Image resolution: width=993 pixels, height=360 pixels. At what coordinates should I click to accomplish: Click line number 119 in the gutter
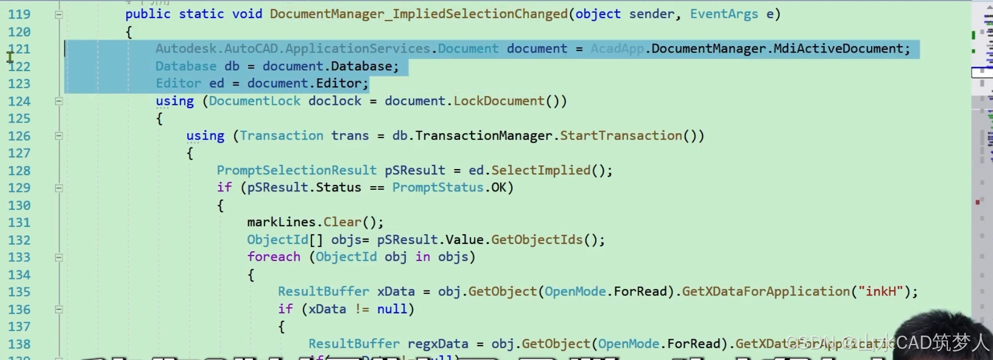pos(19,14)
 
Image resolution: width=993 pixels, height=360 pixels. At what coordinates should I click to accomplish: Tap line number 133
pos(19,257)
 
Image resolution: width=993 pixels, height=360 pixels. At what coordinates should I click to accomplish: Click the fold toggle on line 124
pos(59,101)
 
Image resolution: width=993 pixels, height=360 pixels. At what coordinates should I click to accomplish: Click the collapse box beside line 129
pos(59,188)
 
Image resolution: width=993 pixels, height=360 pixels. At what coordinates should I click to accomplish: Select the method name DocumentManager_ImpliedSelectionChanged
pos(419,14)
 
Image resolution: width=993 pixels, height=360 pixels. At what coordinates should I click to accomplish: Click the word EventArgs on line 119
pos(724,14)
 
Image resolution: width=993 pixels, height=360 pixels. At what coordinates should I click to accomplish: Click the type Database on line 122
pos(186,66)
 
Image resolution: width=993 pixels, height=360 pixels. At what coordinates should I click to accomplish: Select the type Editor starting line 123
pos(178,83)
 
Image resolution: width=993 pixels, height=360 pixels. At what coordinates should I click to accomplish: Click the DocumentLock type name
pos(254,101)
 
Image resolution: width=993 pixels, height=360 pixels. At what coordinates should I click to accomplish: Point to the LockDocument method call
pos(499,101)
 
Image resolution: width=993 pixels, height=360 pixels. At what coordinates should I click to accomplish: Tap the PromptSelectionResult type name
pos(297,170)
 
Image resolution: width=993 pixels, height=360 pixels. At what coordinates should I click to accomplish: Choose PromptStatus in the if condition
pos(438,188)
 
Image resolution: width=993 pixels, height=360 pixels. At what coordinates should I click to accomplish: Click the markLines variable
pos(281,222)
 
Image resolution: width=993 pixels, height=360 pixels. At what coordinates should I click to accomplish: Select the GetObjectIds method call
pos(537,240)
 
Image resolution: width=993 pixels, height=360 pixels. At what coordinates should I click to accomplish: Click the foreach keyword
pos(274,257)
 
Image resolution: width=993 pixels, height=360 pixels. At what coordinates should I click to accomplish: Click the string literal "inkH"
pos(881,292)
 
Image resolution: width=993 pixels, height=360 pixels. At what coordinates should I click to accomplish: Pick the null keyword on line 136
pos(392,309)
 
